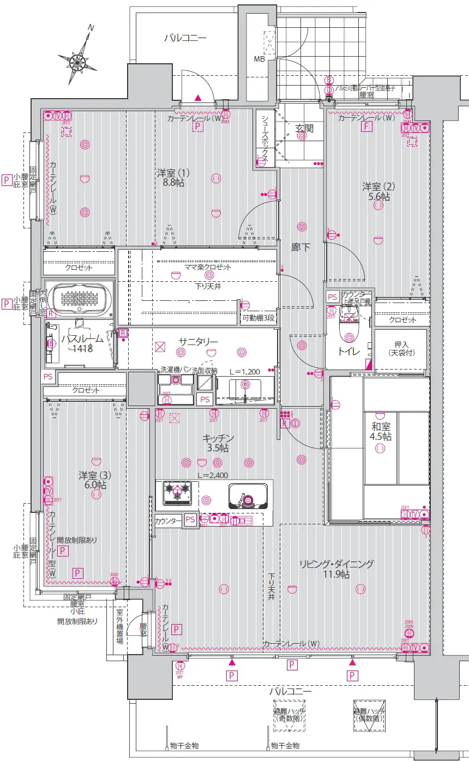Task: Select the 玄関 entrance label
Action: coord(304,129)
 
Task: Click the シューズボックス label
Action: coord(264,140)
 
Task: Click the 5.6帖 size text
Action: coord(378,197)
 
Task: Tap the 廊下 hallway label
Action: coord(300,247)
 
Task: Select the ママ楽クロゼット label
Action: coord(208,267)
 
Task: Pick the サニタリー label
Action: coord(199,342)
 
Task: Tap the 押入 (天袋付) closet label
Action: coord(401,349)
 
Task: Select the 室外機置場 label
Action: coord(119,627)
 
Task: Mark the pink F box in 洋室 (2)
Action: coord(368,127)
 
